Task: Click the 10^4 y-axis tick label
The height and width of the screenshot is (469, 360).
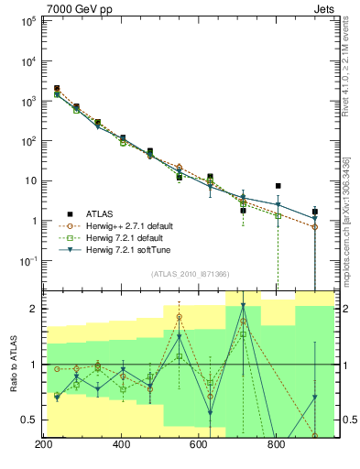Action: click(x=27, y=61)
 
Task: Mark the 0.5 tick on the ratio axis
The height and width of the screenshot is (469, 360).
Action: click(x=29, y=420)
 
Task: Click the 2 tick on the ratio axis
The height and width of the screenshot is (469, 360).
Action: click(x=34, y=309)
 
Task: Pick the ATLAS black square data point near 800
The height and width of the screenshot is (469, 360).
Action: click(x=278, y=186)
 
